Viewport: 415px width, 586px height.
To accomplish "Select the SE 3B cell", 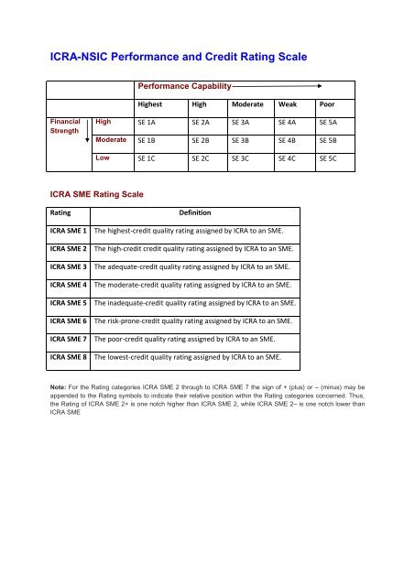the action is pos(242,139).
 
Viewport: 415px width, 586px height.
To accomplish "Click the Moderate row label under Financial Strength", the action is pos(111,138).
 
